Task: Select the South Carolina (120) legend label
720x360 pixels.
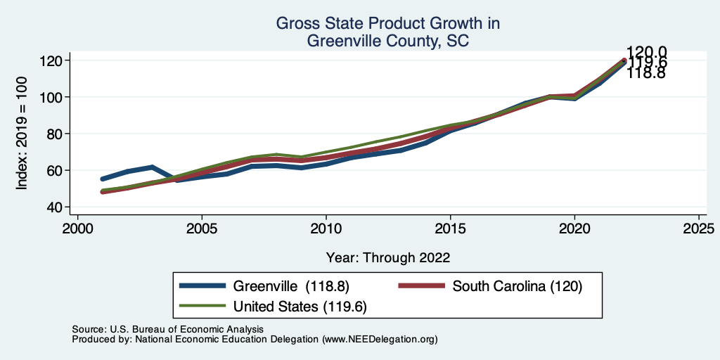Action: click(x=517, y=286)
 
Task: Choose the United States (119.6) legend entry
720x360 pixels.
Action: click(x=300, y=307)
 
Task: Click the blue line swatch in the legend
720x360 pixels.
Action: click(x=202, y=286)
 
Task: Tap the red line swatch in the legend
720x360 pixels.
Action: click(x=422, y=286)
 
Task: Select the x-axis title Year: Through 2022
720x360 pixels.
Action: click(x=388, y=257)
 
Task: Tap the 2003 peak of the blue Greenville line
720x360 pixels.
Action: click(x=152, y=167)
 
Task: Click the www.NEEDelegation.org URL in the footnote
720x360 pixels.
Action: click(x=380, y=339)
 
